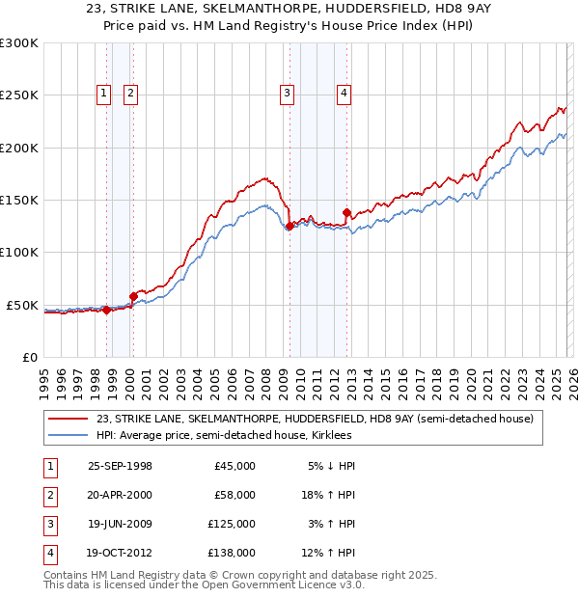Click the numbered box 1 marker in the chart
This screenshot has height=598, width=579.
click(103, 94)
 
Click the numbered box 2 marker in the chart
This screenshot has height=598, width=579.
click(130, 94)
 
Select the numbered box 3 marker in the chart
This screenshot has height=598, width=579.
click(288, 94)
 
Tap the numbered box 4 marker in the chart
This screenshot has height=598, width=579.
click(344, 94)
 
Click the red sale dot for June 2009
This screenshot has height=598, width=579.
click(289, 226)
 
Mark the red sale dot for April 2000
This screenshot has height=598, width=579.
click(133, 296)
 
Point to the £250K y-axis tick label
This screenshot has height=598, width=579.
click(19, 95)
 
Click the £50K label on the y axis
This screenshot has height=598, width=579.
click(22, 305)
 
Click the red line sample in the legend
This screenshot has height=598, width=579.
click(68, 419)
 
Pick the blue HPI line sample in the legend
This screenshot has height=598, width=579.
click(68, 436)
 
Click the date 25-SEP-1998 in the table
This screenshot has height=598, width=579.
click(120, 466)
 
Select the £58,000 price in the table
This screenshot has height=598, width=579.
click(234, 495)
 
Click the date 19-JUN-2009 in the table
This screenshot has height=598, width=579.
click(120, 524)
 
